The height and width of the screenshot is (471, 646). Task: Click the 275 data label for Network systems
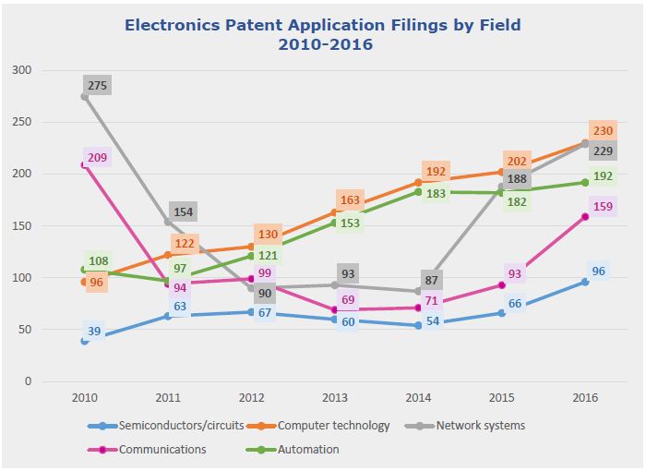click(98, 86)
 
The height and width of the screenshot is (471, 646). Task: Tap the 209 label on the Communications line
click(97, 158)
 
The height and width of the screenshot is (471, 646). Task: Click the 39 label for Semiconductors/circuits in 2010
click(95, 332)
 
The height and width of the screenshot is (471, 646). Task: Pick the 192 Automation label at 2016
click(602, 175)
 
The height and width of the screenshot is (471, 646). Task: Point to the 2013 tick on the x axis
click(336, 397)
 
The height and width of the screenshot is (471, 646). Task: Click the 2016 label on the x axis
click(584, 397)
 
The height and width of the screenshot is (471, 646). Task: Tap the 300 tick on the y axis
click(22, 70)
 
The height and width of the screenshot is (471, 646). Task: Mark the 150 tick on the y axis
click(22, 226)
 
